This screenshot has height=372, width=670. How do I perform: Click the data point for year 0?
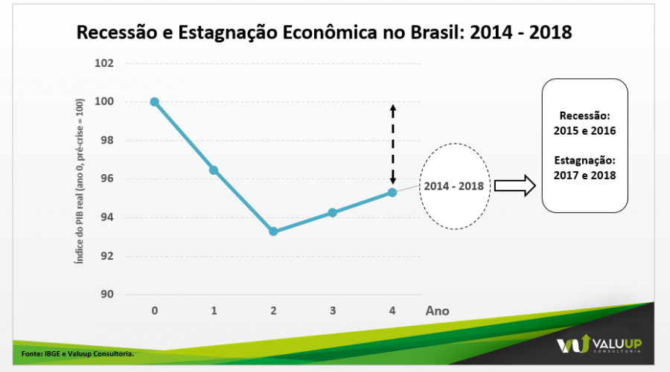(154, 102)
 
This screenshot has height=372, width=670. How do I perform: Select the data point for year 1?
(214, 170)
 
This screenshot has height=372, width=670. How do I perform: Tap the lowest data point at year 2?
(273, 231)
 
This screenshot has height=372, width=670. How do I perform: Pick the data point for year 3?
(332, 213)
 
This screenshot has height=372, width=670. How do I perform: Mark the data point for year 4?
(392, 193)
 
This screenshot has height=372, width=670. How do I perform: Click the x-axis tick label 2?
(273, 310)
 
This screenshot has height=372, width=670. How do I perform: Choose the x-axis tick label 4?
(392, 310)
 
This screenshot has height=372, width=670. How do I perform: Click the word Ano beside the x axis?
(438, 310)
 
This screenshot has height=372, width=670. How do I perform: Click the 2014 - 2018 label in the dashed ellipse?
(454, 186)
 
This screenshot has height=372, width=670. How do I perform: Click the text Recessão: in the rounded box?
(584, 117)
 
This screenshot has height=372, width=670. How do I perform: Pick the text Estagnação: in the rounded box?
(584, 160)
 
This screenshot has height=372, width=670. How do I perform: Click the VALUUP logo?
(599, 344)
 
